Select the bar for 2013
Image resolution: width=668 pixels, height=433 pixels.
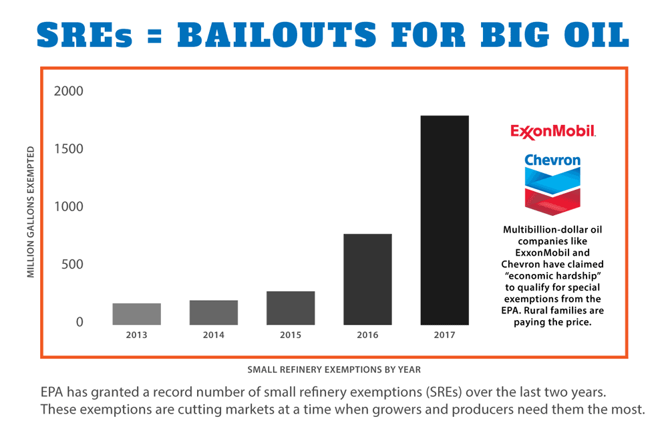(137, 314)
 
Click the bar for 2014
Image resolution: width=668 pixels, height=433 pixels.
(214, 313)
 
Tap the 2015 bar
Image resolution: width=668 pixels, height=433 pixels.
(291, 308)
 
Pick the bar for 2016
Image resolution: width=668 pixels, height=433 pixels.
(367, 279)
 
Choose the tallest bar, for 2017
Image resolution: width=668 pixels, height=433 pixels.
(445, 221)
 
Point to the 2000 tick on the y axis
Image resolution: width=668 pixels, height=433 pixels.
(69, 91)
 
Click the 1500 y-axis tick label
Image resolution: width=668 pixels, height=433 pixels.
(69, 149)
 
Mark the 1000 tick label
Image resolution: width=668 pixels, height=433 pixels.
(69, 206)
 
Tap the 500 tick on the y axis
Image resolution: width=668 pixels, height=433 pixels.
(72, 264)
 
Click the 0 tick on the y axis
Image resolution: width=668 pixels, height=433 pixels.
(79, 322)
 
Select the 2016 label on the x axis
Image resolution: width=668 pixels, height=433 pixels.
(367, 335)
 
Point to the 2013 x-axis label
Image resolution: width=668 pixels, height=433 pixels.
(137, 335)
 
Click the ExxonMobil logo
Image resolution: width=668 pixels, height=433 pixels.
(553, 132)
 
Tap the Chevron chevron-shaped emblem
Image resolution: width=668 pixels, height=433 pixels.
(552, 191)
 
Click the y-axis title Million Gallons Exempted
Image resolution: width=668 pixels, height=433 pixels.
(31, 212)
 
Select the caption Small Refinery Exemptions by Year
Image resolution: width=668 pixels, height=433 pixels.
(334, 370)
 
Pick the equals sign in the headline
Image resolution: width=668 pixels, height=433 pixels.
(155, 36)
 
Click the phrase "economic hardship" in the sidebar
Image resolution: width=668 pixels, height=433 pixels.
(552, 276)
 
